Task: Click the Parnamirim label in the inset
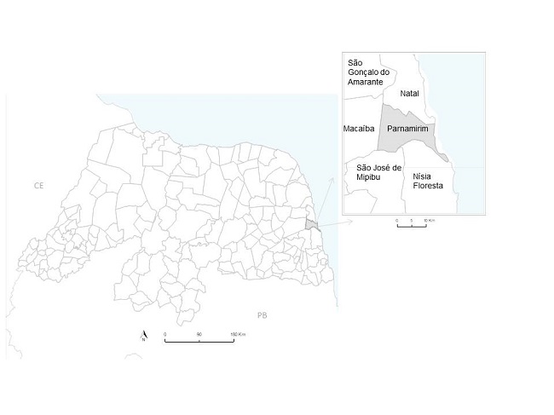coord(406,129)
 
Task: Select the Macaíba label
coord(358,129)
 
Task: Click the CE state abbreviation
coord(38,184)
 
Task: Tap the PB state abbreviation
coord(263,314)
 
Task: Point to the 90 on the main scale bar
coord(199,334)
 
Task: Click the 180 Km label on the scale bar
coord(238,334)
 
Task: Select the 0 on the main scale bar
coord(165,334)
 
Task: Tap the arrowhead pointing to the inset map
coord(339,221)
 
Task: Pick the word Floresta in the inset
coord(428,186)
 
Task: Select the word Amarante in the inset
coord(366,81)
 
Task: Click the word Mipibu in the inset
coord(368,177)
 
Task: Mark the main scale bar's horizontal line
coord(199,342)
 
